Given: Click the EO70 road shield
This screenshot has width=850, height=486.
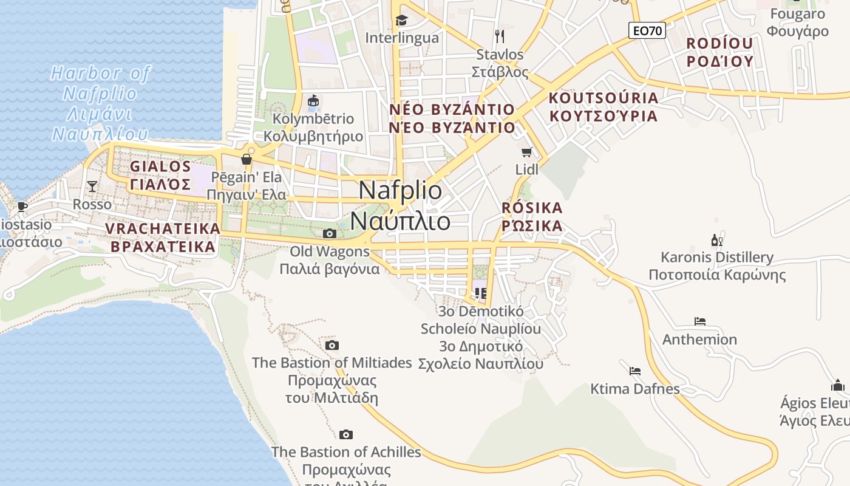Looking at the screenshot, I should (x=647, y=30).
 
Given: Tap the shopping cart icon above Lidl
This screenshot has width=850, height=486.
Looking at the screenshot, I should (x=526, y=152).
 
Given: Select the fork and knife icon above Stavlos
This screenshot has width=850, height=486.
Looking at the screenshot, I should (x=500, y=36).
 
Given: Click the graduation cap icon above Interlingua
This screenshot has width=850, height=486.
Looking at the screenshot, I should (x=401, y=21).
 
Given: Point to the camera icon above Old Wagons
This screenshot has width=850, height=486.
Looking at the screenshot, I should (x=329, y=233).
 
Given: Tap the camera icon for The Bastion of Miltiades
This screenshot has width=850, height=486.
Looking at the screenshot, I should (x=331, y=345).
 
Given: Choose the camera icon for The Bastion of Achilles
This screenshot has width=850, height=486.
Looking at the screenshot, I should (x=346, y=434).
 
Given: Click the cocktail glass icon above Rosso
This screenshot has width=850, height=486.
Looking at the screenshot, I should (x=92, y=186).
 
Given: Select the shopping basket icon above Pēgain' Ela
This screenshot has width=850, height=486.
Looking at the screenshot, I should (x=246, y=159).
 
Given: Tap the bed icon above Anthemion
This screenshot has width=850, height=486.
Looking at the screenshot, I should (x=700, y=321).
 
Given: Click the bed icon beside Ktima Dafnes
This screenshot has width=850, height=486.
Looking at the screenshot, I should (x=635, y=370).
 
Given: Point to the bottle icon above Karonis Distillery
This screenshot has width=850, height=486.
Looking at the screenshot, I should (x=717, y=240).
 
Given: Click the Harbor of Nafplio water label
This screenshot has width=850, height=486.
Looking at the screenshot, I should (x=100, y=103).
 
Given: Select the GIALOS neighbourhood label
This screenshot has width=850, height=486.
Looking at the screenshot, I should (x=161, y=175).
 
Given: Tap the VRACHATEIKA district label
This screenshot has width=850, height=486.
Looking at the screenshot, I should (x=163, y=238).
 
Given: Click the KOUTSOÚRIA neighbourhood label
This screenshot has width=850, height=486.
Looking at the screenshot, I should (x=603, y=107).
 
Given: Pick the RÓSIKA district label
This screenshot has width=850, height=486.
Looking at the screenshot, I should (x=532, y=217).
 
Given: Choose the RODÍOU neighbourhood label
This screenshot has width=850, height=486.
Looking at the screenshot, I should (x=719, y=52).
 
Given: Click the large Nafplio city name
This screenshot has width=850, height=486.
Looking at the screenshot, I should (x=401, y=205).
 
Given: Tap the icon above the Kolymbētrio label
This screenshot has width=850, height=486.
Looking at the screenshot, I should (x=313, y=100).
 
